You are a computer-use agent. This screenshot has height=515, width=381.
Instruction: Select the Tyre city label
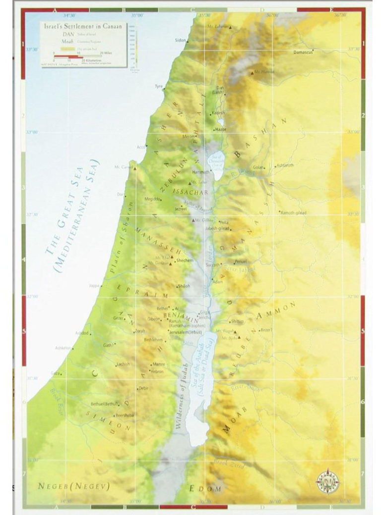pos(159,86)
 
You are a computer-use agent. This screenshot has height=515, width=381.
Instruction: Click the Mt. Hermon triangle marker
pos(252,73)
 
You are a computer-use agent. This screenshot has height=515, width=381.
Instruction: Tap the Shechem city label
pos(184,260)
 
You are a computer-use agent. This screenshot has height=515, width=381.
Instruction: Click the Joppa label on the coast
pos(94,286)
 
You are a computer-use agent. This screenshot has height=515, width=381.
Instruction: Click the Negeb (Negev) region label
pos(73,486)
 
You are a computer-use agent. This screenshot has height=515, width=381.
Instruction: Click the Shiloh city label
pos(183,286)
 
